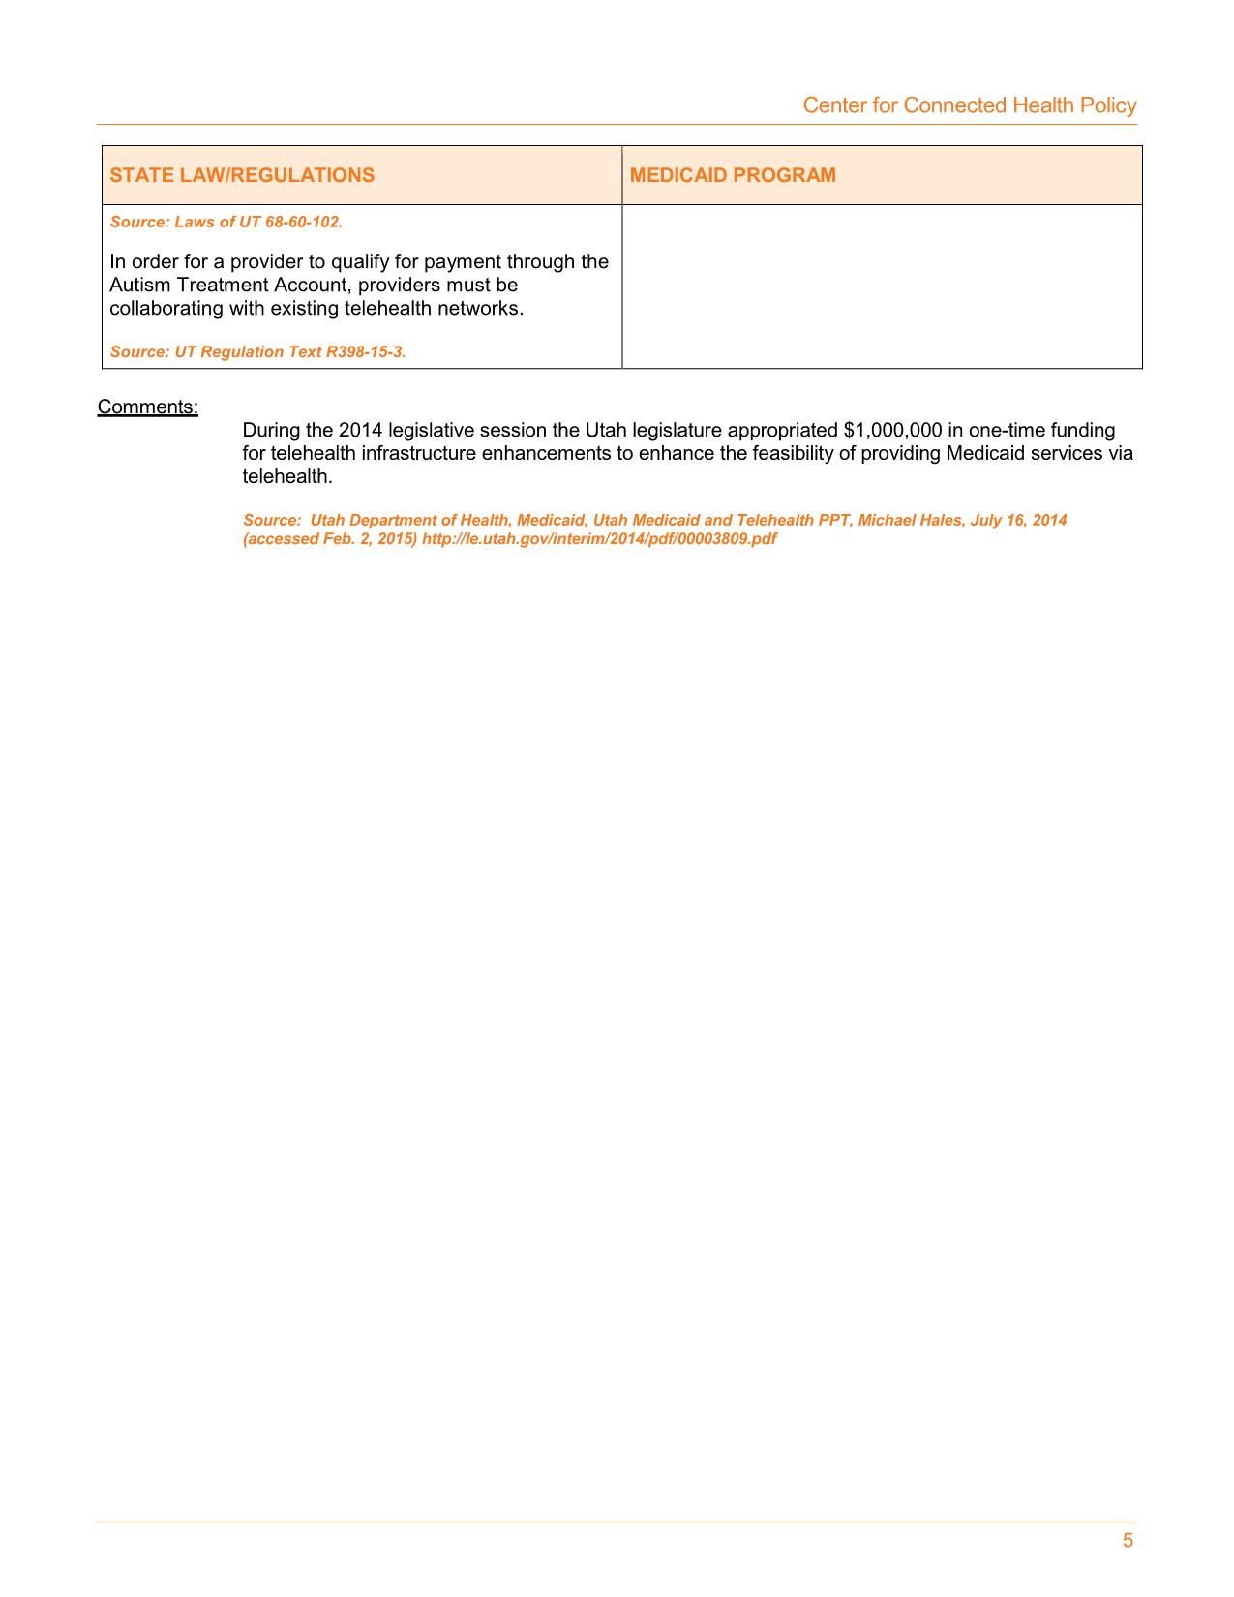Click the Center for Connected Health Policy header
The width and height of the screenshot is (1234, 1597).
(969, 105)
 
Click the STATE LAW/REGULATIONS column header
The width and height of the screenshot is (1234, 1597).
(242, 175)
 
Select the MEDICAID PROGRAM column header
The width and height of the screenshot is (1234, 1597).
(733, 175)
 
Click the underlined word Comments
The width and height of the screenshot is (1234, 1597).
(147, 407)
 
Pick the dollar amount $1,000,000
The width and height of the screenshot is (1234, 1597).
(892, 430)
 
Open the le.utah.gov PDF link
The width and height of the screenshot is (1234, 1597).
(598, 538)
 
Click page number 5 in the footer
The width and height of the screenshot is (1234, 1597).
(1128, 1541)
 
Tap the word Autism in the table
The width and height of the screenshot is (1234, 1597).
(136, 285)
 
